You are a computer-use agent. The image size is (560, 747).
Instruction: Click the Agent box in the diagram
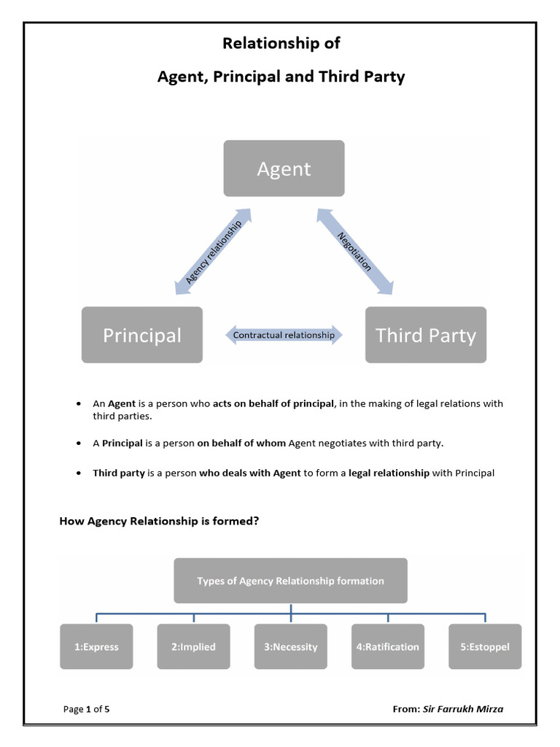pos(284,169)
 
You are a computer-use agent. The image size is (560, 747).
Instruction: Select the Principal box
pos(142,335)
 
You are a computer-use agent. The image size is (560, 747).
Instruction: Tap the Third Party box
pos(425,335)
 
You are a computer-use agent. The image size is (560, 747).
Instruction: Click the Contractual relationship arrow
pos(284,336)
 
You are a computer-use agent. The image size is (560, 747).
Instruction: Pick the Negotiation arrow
pos(354,252)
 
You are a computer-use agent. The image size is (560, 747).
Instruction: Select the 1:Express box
pos(96,646)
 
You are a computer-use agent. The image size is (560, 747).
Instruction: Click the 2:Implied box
pos(193,646)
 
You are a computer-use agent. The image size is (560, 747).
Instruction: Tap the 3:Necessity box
pos(290,646)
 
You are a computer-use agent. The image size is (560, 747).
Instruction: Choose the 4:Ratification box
pos(387,646)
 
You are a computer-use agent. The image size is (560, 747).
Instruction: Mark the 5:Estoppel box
pos(485,646)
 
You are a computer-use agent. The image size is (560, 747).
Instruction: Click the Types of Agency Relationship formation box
pos(290,581)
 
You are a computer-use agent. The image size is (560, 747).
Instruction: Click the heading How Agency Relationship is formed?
pos(159,521)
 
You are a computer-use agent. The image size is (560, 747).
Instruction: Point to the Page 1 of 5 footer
pos(87,708)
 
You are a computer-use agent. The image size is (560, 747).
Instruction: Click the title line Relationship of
pos(281,44)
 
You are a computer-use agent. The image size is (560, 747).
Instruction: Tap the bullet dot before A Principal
pos(78,444)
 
